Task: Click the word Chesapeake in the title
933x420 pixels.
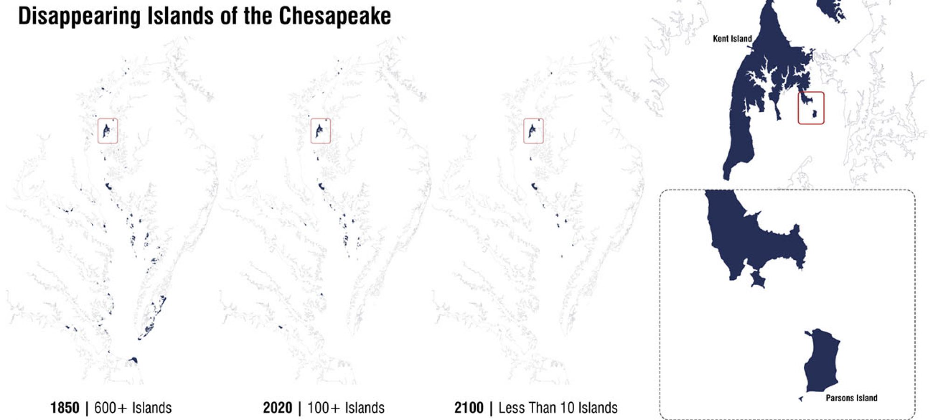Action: (334, 16)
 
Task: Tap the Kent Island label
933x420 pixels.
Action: (732, 39)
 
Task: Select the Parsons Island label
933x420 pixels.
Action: (851, 398)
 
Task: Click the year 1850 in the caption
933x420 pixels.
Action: (64, 408)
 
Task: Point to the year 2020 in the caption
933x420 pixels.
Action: (277, 408)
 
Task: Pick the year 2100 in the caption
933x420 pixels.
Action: (468, 408)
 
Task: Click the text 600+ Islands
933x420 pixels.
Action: (133, 408)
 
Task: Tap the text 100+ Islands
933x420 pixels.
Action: (346, 408)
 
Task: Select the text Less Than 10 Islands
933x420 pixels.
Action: (558, 408)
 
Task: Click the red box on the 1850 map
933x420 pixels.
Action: (108, 131)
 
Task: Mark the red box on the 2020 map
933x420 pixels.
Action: (320, 131)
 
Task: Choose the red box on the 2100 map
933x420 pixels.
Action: (533, 131)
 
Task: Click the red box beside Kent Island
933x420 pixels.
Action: (811, 108)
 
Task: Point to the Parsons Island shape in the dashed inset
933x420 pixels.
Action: (822, 362)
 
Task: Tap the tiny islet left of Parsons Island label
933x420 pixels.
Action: (801, 399)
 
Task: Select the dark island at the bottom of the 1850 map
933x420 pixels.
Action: (133, 360)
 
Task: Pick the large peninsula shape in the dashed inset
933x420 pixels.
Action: (746, 238)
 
